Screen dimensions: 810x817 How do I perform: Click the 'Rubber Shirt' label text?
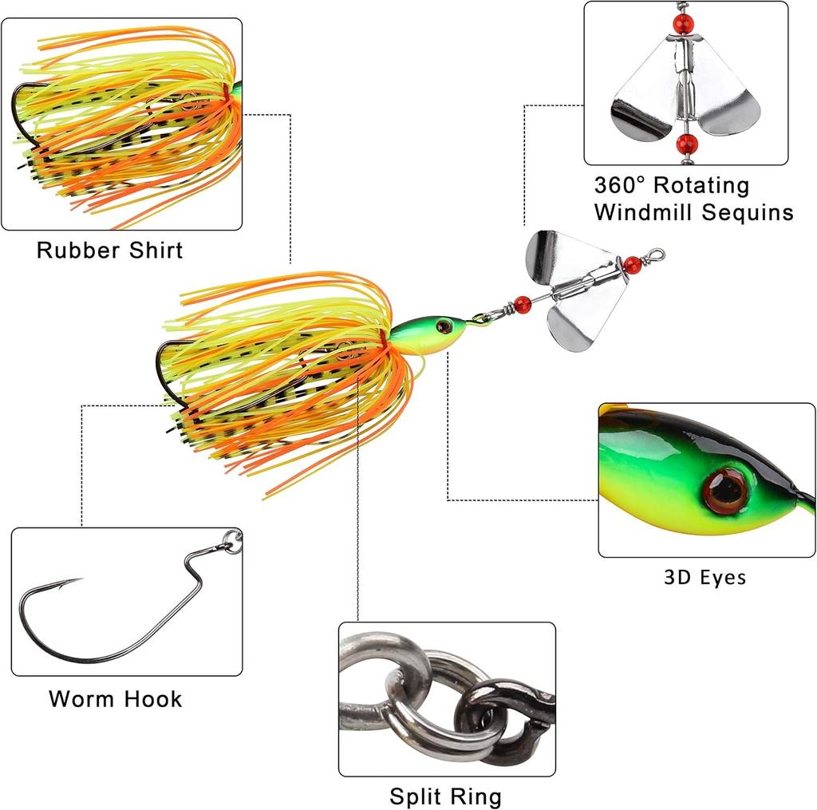pos(109,251)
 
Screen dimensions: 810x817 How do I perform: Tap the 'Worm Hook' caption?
pos(115,699)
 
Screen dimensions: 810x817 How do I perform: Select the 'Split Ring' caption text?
pos(445,796)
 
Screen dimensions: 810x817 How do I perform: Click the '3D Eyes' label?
pos(705,577)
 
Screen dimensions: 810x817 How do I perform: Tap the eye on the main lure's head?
pos(444,326)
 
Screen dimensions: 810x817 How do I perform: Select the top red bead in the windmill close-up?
pos(681,22)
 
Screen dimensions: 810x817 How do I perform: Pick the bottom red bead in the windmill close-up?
pos(684,144)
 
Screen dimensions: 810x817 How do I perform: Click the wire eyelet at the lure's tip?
pos(656,255)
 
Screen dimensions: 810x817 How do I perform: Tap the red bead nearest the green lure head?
pos(523,303)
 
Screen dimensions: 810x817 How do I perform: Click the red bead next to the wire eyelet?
pos(632,264)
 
